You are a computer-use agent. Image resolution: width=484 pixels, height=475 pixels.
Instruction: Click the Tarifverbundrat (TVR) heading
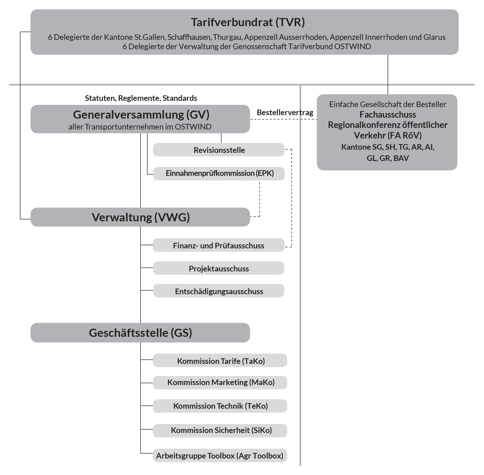248,22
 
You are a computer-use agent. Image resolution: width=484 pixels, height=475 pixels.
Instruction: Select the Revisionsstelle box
219,150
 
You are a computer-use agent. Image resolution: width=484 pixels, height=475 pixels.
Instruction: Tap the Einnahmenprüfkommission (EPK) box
219,173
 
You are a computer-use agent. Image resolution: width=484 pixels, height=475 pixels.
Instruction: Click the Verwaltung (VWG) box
141,217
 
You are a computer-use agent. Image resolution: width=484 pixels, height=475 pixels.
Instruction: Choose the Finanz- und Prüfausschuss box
219,246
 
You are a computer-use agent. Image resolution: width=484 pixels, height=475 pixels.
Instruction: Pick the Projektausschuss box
219,269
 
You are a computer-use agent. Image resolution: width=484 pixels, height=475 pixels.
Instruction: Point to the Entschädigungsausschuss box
219,291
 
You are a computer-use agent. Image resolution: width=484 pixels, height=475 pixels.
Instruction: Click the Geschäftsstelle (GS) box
140,333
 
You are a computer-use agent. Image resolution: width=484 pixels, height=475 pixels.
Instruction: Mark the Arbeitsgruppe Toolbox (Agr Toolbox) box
220,456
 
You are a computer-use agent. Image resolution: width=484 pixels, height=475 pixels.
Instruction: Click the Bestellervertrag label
285,112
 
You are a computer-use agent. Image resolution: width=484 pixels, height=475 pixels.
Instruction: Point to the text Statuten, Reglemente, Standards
141,98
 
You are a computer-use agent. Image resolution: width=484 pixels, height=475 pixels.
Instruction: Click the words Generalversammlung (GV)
141,115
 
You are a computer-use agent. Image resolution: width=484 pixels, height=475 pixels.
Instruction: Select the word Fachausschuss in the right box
388,115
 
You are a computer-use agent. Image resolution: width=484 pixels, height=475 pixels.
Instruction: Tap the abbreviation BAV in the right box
401,158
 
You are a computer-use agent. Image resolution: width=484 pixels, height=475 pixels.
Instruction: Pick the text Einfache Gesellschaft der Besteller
388,104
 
